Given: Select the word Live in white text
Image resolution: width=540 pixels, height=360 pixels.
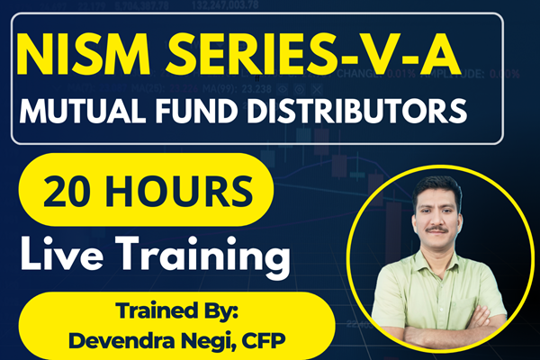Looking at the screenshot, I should coord(66,253).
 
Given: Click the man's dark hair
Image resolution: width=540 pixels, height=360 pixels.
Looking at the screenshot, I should coord(439,185).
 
